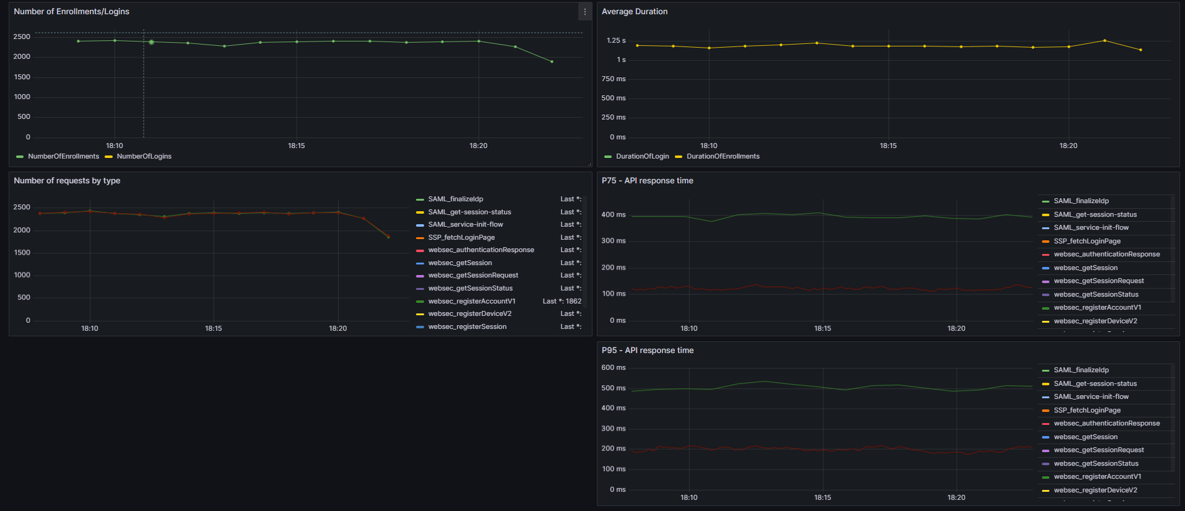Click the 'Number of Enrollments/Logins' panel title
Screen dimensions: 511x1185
[71, 12]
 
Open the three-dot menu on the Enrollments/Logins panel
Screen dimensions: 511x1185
[585, 12]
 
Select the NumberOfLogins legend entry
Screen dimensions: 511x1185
[144, 157]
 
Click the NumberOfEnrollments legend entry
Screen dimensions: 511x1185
[63, 157]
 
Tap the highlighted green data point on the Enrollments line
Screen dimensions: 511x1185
[151, 42]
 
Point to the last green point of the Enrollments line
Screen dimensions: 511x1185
[552, 61]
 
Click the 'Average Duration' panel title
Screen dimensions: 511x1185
[634, 12]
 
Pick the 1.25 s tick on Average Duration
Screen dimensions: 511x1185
[615, 41]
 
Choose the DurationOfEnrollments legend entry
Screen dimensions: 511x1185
[723, 157]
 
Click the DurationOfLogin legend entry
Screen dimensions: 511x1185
[642, 157]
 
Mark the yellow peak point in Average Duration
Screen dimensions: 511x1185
[1105, 41]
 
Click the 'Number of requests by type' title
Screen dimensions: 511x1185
[67, 181]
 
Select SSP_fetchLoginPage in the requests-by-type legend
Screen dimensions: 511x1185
[461, 238]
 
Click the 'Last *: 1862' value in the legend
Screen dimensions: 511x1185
[562, 302]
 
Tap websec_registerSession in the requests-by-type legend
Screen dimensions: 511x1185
[467, 327]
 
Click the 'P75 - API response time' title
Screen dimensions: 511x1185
[647, 181]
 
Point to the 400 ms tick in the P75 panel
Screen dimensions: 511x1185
[613, 215]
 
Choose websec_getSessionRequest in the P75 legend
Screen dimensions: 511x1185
[1098, 281]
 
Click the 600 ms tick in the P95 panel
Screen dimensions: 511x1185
[613, 368]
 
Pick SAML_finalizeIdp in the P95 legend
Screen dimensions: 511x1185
[1081, 370]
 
